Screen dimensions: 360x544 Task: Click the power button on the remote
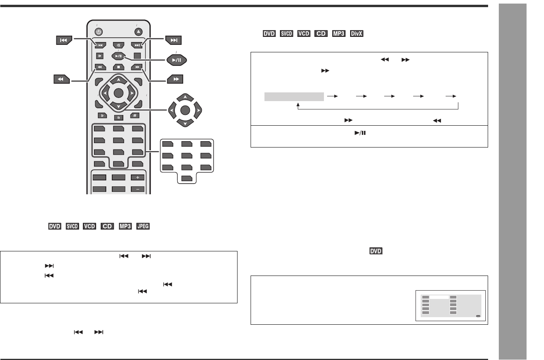(99, 32)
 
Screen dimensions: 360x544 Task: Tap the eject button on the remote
(138, 32)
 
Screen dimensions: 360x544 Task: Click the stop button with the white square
(118, 67)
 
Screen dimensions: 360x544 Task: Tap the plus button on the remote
(138, 178)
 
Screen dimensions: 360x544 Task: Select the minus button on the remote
(138, 189)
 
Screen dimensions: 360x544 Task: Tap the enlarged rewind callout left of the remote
(61, 80)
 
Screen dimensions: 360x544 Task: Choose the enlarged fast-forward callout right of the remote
(176, 80)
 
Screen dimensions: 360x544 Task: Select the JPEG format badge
(143, 226)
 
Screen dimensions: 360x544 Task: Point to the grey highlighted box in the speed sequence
(294, 96)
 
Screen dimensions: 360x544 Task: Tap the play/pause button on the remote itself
(118, 56)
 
